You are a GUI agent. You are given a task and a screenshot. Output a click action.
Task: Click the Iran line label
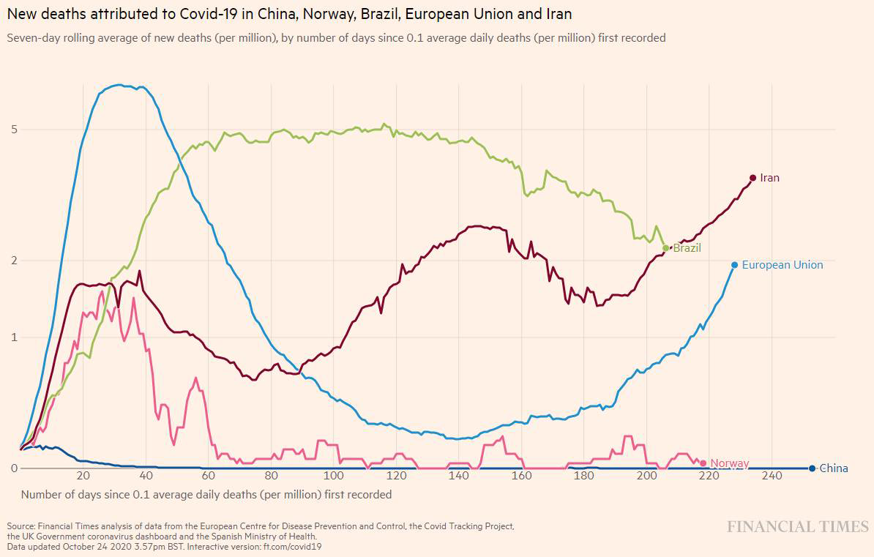point(769,178)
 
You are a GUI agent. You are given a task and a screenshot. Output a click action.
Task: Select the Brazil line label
point(687,248)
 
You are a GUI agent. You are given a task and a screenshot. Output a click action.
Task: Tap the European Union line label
point(782,265)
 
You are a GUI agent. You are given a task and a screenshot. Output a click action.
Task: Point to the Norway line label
point(729,463)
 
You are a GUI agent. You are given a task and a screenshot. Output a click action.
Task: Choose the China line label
point(833,468)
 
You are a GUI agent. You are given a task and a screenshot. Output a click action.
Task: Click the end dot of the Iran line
point(752,178)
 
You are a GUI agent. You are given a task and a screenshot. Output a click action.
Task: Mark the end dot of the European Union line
point(734,265)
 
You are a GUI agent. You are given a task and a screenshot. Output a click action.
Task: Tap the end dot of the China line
point(813,468)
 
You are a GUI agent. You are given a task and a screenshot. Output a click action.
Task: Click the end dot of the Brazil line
point(665,248)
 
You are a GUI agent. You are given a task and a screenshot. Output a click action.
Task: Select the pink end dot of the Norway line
point(703,463)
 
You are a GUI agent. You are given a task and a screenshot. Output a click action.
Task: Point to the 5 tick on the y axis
point(14,130)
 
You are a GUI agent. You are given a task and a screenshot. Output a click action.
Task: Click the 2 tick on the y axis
point(14,261)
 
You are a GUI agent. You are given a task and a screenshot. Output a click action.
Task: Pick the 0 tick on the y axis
point(14,468)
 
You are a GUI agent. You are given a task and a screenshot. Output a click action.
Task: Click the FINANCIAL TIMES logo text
point(797,527)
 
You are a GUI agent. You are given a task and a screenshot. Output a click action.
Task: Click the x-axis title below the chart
point(206,495)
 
